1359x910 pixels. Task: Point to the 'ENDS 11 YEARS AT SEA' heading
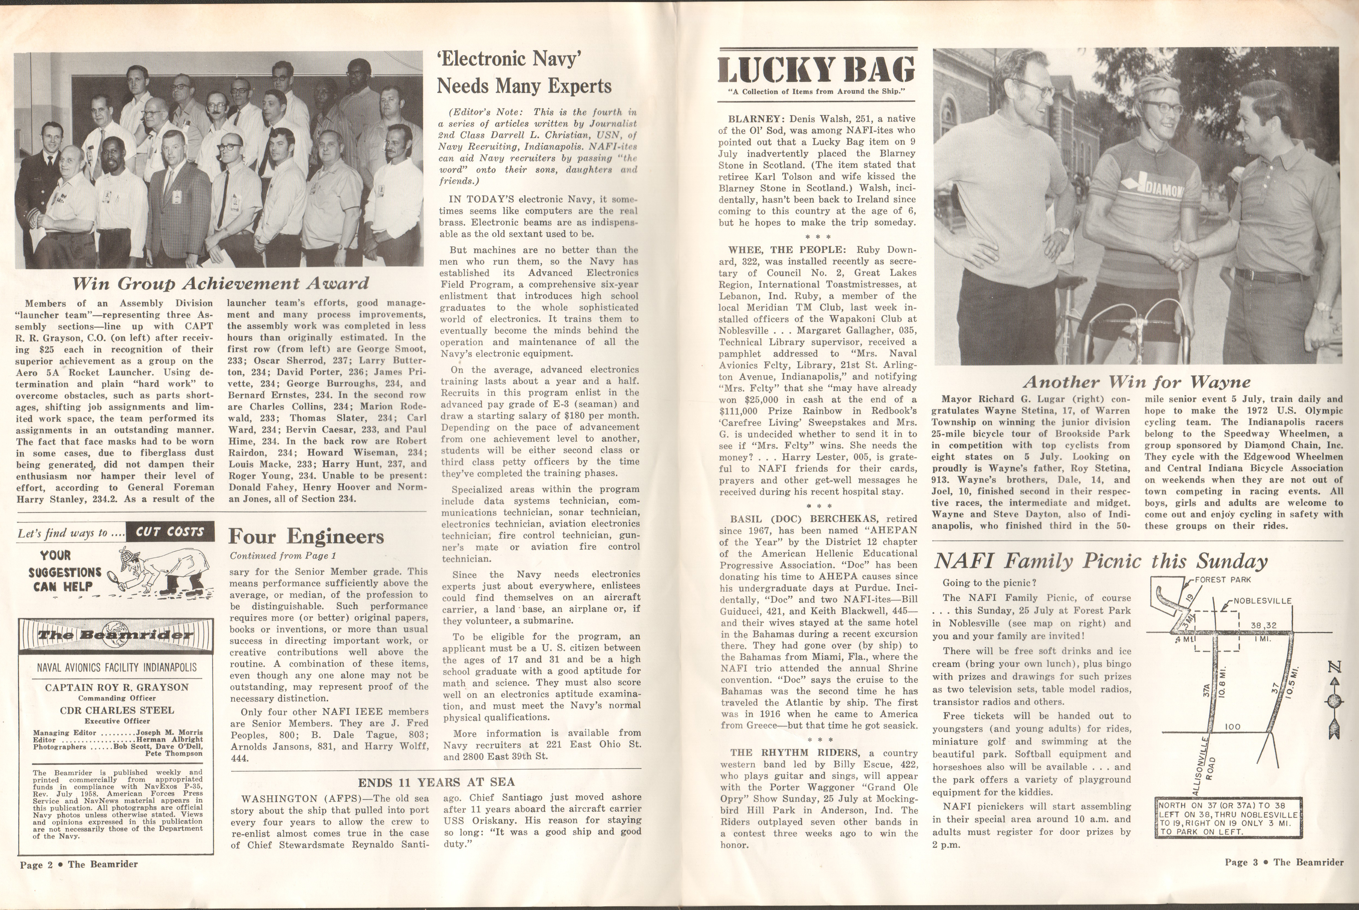(x=436, y=782)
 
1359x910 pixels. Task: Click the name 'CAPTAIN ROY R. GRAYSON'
(x=117, y=687)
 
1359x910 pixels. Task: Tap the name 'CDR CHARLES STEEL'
(x=117, y=710)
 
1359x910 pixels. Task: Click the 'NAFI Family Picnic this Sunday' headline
(x=1100, y=561)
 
